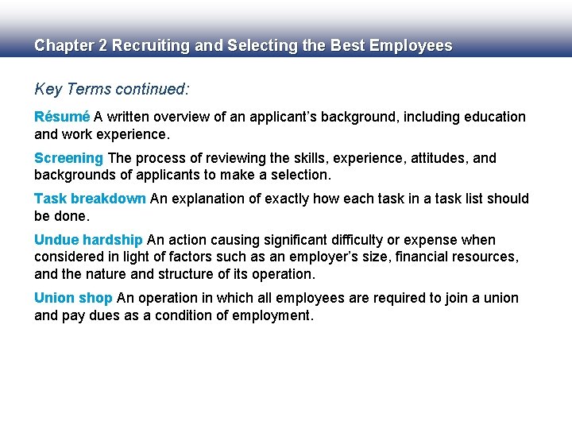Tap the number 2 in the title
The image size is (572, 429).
coord(102,46)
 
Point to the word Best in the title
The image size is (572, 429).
coord(337,46)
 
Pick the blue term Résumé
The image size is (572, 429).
coord(62,117)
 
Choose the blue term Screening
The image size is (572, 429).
coord(68,158)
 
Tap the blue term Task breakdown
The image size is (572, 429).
coord(90,199)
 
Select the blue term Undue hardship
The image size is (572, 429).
coord(88,240)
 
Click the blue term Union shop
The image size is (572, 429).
coord(73,298)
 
